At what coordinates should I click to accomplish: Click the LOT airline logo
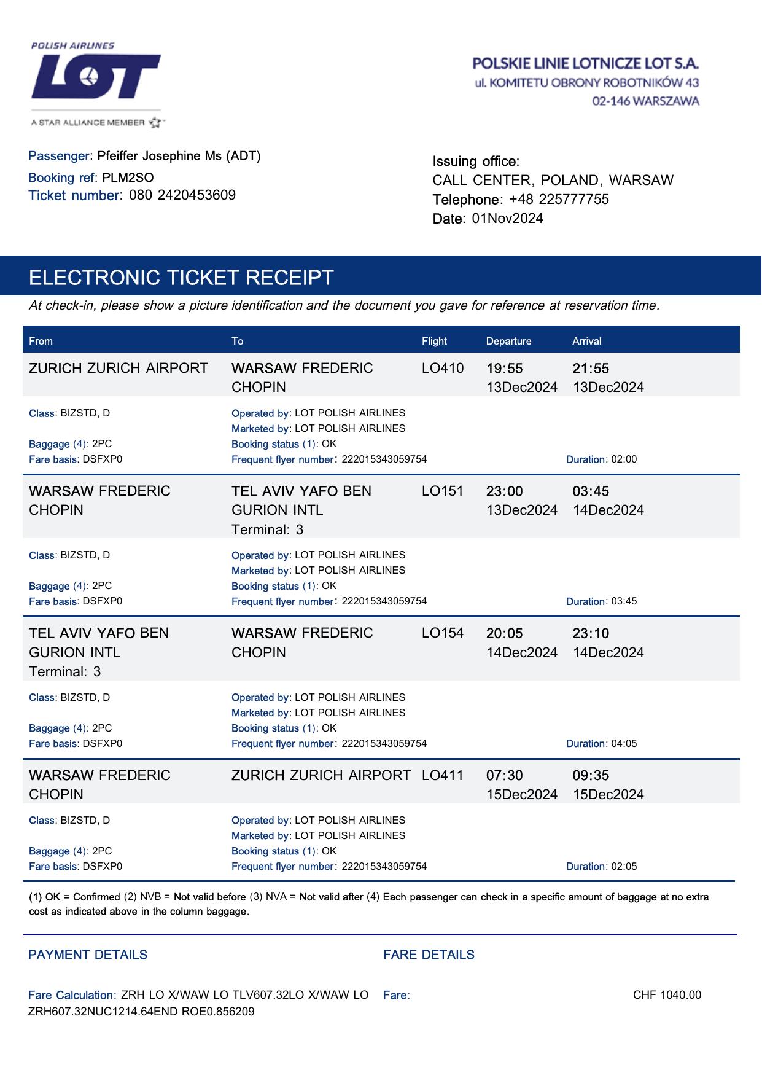coord(96,76)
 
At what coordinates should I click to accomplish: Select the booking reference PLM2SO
coord(128,178)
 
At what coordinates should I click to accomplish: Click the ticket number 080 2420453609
coord(182,195)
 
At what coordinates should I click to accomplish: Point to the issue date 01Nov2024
coord(507,219)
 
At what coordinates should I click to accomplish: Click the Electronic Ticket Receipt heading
coord(181,278)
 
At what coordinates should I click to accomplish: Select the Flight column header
coord(434,342)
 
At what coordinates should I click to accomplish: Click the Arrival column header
coord(586,342)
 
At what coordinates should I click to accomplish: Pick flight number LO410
coord(443,369)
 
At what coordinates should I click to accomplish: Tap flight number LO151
coord(443,491)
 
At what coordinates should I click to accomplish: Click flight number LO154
coord(443,633)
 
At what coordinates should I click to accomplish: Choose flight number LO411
coord(443,775)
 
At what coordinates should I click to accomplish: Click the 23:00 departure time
coord(504,491)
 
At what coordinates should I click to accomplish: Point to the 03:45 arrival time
coord(591,491)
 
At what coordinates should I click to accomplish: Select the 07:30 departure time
coord(504,775)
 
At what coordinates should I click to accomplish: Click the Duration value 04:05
coord(624,744)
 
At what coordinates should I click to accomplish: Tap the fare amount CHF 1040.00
coord(667,995)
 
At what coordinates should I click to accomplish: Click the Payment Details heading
coord(88,955)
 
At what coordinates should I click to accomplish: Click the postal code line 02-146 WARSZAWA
coord(645,101)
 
